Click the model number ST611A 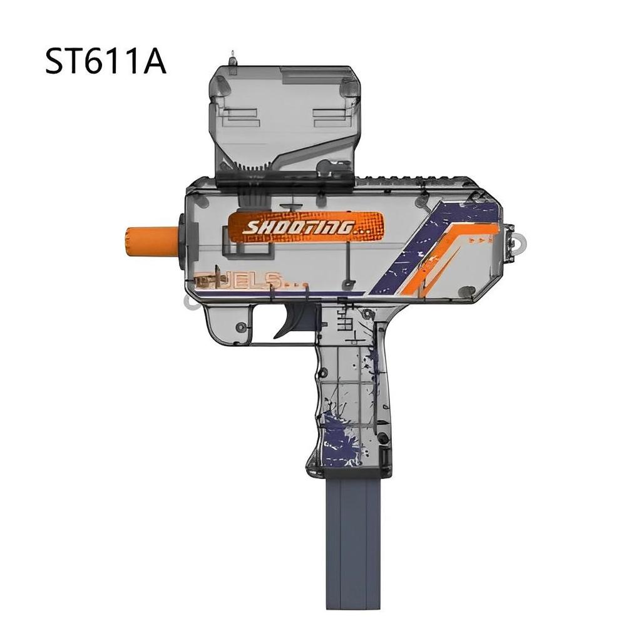click(105, 62)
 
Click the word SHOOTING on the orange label click(299, 227)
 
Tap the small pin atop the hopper click(233, 58)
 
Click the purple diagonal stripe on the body click(426, 250)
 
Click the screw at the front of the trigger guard click(240, 326)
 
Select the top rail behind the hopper click(419, 176)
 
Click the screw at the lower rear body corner click(467, 291)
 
